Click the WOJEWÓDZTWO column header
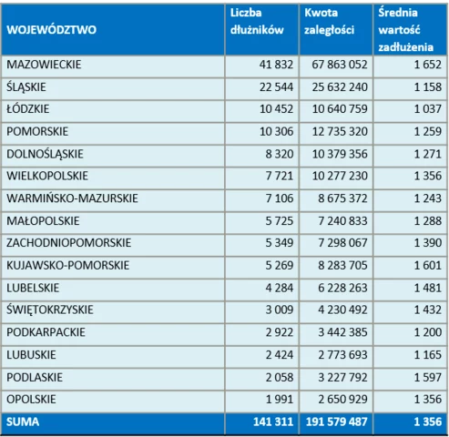(x=51, y=30)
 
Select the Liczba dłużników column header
(x=257, y=21)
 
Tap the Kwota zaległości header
(x=330, y=21)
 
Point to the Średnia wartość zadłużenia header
(x=406, y=30)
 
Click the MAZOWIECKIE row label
(x=44, y=65)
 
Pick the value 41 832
(x=276, y=65)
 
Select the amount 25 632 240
(x=340, y=87)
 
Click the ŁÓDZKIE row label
(x=27, y=108)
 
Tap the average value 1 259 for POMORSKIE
(x=428, y=131)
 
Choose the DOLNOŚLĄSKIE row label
(x=45, y=154)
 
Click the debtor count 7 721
(x=280, y=176)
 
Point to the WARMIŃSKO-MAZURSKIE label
(x=72, y=198)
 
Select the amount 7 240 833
(x=342, y=221)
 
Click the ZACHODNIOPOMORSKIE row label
(x=69, y=243)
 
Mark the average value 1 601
(x=428, y=266)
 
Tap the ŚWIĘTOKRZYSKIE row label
(x=50, y=310)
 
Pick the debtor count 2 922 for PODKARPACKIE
(x=280, y=332)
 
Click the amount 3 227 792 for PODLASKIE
(x=342, y=377)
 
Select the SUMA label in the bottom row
(x=23, y=422)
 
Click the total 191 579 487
(x=337, y=422)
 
